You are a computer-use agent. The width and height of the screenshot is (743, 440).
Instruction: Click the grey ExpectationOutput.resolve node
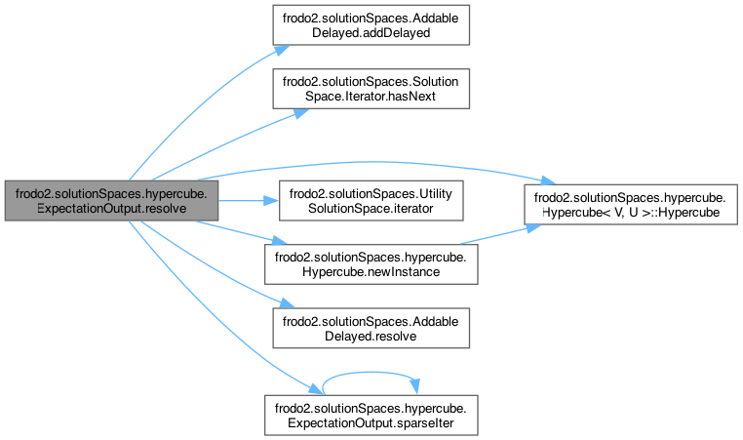coord(109,200)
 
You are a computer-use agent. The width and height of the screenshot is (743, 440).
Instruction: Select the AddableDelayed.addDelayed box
coord(371,23)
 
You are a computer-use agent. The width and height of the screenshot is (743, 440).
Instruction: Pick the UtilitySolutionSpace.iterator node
coord(371,200)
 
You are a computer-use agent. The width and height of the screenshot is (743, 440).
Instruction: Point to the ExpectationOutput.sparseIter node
coord(371,413)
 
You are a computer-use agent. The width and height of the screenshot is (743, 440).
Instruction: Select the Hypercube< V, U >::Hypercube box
coord(630,200)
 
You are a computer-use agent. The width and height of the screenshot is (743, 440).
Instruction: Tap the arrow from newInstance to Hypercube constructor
coord(497,235)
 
